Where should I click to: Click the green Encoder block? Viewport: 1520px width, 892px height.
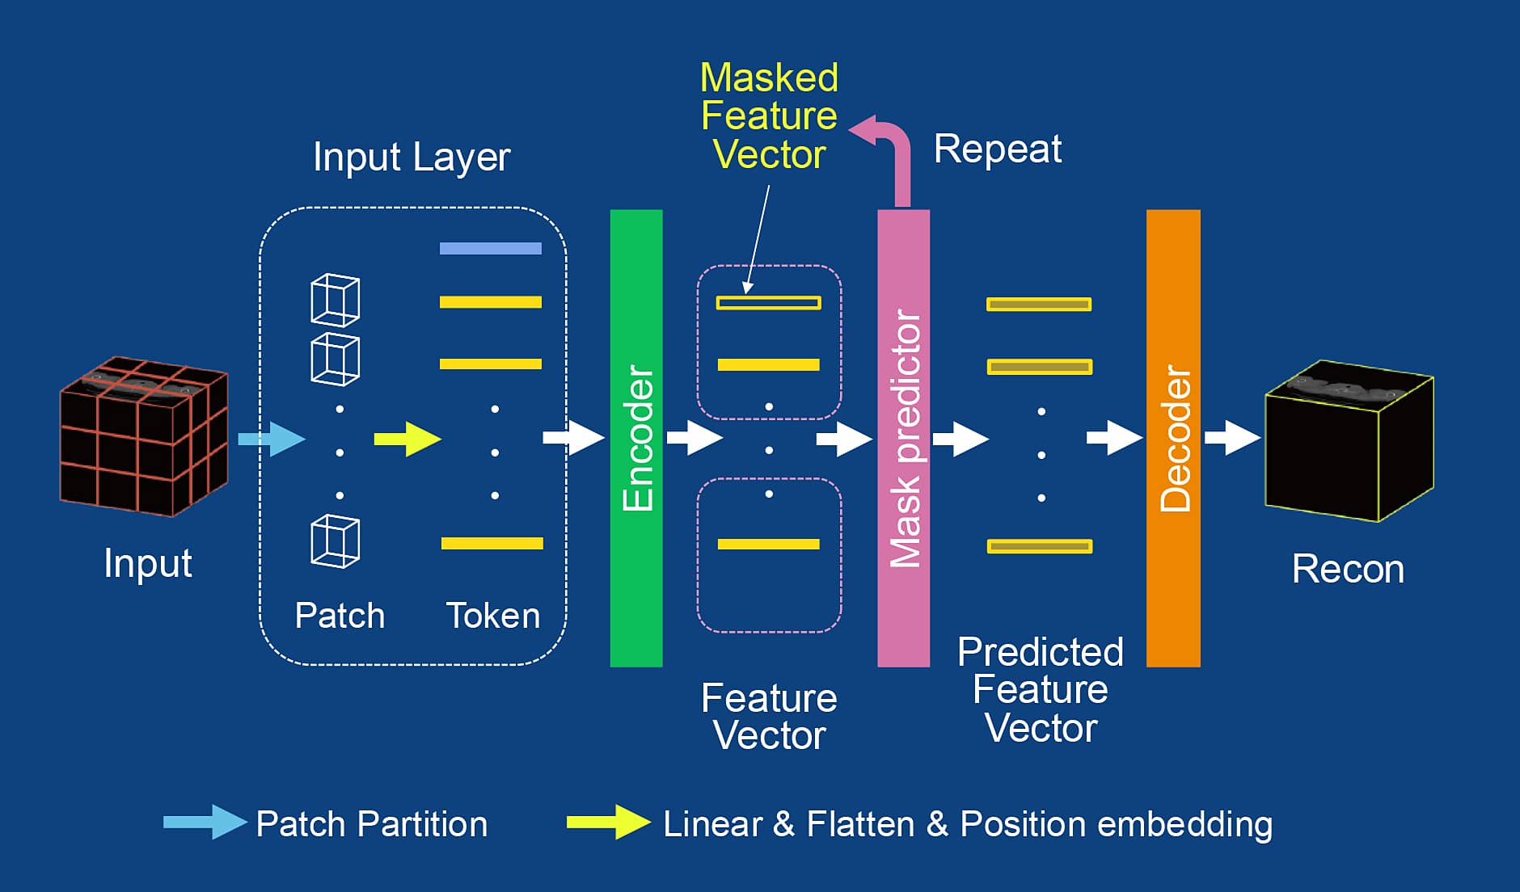pos(636,438)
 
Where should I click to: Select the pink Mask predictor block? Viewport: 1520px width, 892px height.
pos(904,438)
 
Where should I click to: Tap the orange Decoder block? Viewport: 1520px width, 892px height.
pos(1173,438)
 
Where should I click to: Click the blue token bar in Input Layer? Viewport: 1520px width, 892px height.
pos(491,248)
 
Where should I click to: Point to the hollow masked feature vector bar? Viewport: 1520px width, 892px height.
pos(769,303)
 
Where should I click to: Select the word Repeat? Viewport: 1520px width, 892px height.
pos(998,149)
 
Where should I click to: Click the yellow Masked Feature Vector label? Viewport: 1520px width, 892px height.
pos(769,116)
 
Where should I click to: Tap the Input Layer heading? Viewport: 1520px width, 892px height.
pos(412,158)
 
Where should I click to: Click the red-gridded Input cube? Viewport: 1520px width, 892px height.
pos(144,436)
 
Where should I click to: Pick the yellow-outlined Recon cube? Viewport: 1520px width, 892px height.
pos(1349,440)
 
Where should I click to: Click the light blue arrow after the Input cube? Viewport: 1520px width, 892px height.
pos(272,439)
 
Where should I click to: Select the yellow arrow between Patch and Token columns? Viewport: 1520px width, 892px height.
pos(407,439)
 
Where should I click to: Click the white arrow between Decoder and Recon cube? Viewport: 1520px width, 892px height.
pos(1233,438)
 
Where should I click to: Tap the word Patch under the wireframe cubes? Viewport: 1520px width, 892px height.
pos(340,616)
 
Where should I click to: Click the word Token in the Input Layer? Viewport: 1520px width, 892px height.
pos(493,616)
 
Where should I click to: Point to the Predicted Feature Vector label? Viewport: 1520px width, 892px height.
pos(1041,689)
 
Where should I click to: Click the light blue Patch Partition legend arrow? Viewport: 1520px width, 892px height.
pos(205,823)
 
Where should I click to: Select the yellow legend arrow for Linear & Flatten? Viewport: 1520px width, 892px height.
pos(609,823)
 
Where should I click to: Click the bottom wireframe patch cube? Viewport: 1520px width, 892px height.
pos(336,541)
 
